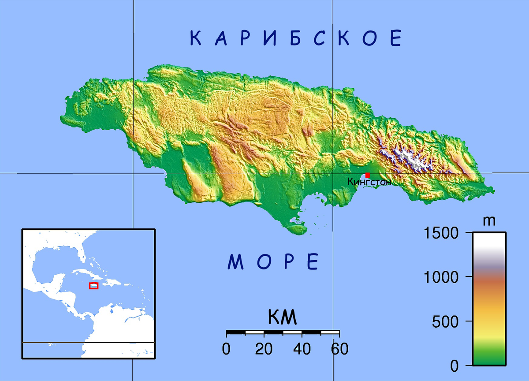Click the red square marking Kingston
point(368,175)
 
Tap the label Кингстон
point(369,181)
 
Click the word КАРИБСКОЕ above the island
point(296,39)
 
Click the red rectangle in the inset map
point(93,286)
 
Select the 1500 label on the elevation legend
point(442,233)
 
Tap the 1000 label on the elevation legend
point(442,277)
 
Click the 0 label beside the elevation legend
point(454,366)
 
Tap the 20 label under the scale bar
point(264,350)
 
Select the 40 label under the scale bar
point(302,350)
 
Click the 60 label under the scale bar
point(339,350)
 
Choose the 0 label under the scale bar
point(226,350)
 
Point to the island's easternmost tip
point(494,191)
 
